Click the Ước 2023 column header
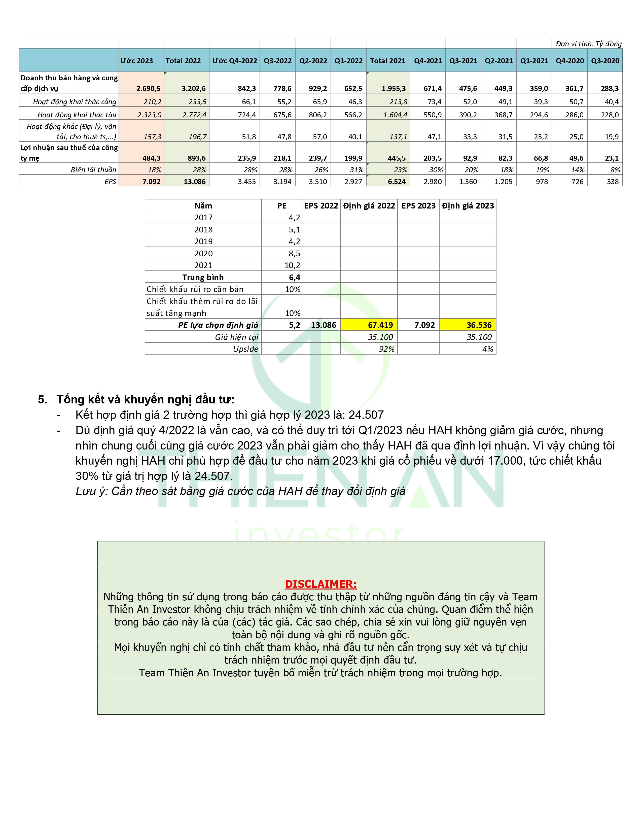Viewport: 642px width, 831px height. point(137,61)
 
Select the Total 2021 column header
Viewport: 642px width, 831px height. point(387,61)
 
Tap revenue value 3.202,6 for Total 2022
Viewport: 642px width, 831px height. point(194,88)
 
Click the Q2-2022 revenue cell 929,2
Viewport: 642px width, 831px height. point(318,88)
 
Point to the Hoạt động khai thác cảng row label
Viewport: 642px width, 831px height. point(75,101)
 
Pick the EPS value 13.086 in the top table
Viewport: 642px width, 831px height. point(195,182)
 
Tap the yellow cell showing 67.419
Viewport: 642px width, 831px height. point(380,325)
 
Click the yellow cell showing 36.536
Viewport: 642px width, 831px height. point(479,325)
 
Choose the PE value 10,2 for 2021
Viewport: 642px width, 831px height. point(293,265)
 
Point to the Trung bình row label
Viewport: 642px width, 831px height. point(203,278)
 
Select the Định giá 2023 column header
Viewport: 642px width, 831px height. point(468,206)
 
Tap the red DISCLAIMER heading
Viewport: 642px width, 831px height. point(320,584)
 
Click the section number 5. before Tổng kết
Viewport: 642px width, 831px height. point(43,400)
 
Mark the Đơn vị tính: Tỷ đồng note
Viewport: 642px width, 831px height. point(588,44)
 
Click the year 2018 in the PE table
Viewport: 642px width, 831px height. point(203,229)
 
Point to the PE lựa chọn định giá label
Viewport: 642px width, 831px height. point(218,325)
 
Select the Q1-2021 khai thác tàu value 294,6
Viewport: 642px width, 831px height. point(539,115)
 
